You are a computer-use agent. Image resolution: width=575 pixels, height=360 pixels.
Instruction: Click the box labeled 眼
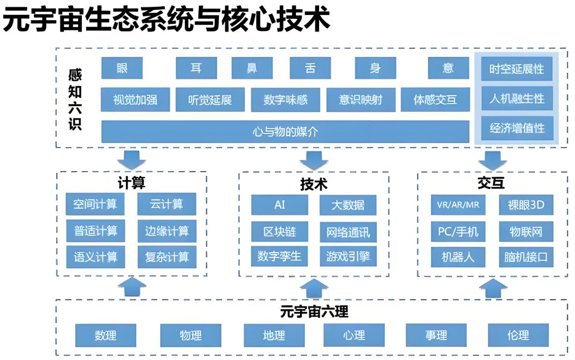point(122,68)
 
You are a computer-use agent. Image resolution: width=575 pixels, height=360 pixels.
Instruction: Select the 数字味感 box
point(285,100)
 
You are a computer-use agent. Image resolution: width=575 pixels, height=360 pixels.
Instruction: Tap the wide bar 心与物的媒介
point(285,131)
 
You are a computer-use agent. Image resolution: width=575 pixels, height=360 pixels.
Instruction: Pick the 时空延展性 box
point(517,69)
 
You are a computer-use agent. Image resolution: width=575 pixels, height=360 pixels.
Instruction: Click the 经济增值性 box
point(517,128)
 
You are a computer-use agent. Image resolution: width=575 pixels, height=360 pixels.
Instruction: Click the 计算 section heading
point(131,182)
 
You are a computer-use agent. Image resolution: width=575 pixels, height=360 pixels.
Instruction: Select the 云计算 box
point(167,204)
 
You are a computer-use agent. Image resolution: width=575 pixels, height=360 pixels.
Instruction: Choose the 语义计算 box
point(95,257)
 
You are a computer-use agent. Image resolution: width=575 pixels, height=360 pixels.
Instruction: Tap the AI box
point(279,205)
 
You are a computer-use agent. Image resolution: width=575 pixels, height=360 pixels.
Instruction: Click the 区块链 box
point(279,231)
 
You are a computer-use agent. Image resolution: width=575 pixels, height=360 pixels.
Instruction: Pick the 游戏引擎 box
point(348,257)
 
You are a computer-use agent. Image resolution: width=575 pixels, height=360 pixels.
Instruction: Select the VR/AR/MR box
point(458,205)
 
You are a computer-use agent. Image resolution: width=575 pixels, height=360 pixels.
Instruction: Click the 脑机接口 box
point(525,257)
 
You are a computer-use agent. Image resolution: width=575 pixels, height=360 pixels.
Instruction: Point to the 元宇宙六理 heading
point(314,311)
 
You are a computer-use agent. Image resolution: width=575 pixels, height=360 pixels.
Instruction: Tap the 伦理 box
point(518,335)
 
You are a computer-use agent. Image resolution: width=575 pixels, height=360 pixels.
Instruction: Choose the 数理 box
point(105,335)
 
